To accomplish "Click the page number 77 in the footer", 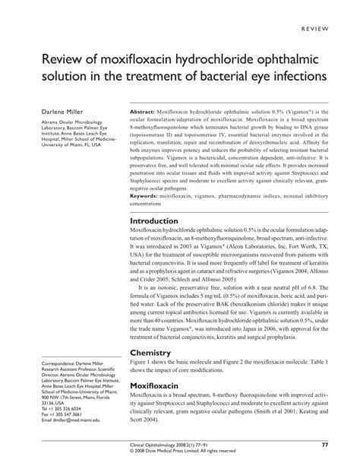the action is pos(324,445).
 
